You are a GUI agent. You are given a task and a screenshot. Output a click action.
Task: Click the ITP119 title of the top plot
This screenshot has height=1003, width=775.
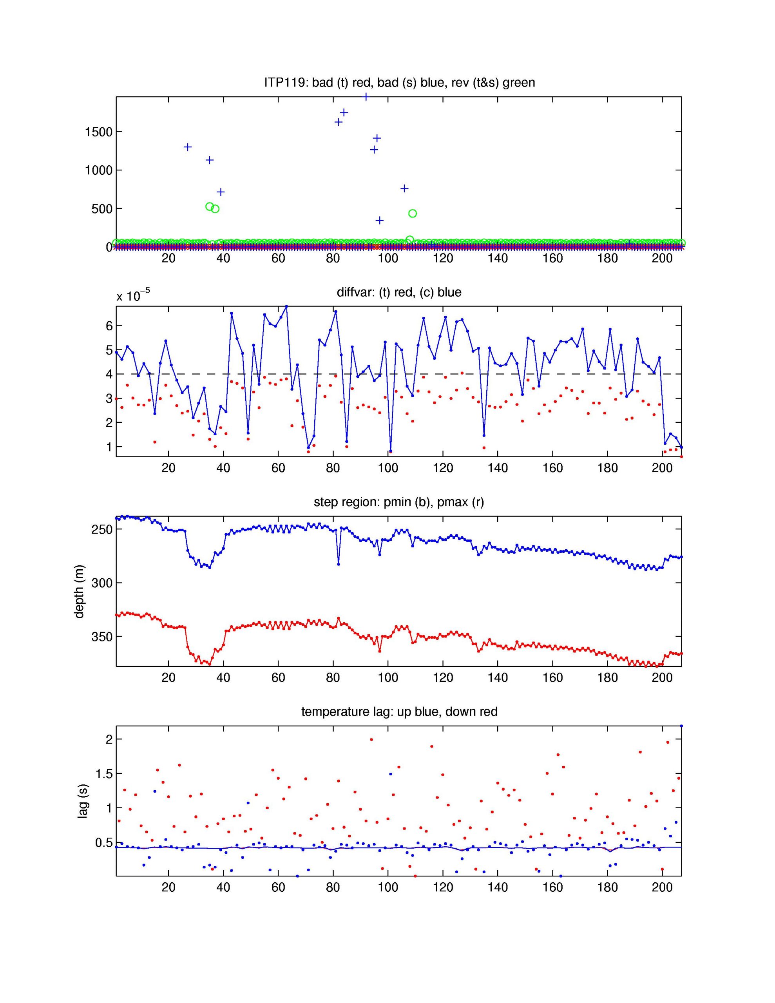399,83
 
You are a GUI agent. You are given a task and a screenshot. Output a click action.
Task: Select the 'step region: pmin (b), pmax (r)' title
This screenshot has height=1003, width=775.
399,502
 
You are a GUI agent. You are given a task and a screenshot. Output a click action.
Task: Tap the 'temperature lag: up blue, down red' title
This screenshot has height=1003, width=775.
399,712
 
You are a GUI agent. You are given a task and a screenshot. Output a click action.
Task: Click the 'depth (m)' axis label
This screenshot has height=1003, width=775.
80,592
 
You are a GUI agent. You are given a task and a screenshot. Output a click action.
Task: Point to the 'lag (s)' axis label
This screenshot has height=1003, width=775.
82,801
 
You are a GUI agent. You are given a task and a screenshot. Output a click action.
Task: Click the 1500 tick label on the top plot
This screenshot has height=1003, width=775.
98,132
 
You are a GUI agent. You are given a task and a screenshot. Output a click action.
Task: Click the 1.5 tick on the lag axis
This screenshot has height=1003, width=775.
104,774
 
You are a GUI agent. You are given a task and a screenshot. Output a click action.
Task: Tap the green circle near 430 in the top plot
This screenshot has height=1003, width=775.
413,214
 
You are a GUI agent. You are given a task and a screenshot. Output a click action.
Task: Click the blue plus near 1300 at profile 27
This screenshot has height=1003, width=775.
187,147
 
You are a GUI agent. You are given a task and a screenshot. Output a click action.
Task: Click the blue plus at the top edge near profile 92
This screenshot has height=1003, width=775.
366,97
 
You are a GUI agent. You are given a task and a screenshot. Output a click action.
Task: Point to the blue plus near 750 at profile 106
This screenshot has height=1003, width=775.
404,188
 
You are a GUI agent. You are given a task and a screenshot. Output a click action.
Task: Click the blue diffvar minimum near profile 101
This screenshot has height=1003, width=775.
391,451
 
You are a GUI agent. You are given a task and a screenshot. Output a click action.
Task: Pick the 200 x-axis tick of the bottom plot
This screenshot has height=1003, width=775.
662,887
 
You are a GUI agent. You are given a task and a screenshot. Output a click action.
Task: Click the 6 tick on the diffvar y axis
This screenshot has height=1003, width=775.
109,326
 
